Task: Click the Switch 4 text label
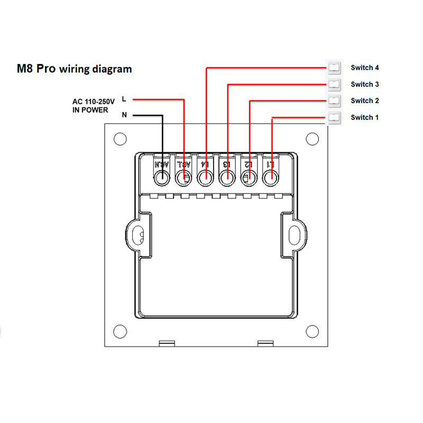365,68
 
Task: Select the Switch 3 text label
365,84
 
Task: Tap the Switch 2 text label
365,100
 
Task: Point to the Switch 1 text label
365,117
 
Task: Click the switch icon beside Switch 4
334,67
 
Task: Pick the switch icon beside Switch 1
334,117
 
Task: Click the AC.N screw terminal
161,179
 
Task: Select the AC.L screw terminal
183,179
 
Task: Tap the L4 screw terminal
205,179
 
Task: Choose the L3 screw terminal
227,179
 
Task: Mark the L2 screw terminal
249,179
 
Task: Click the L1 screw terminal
270,179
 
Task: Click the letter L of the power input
124,99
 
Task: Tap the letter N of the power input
124,115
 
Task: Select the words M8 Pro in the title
36,69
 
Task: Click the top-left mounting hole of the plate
121,139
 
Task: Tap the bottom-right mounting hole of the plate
313,332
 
